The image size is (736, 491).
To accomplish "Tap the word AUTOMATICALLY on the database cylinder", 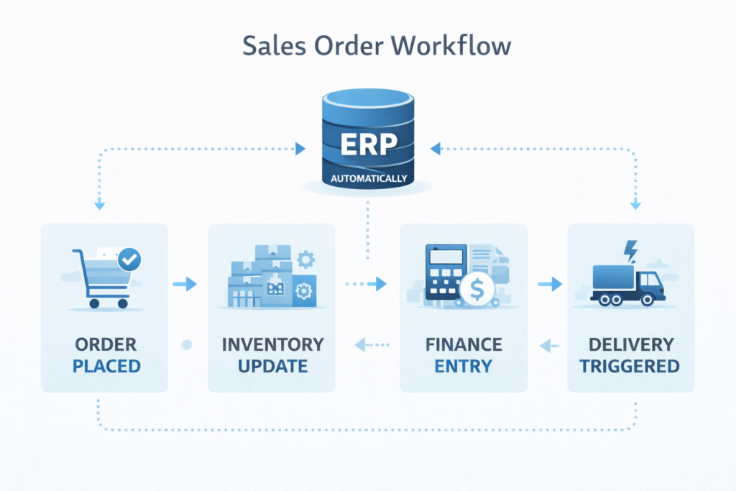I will pyautogui.click(x=367, y=178).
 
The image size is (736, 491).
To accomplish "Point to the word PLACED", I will pyautogui.click(x=106, y=366).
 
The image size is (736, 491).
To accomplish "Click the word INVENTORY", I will pyautogui.click(x=272, y=344).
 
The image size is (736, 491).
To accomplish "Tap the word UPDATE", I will pyautogui.click(x=272, y=366).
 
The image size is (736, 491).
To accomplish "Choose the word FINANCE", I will pyautogui.click(x=463, y=344).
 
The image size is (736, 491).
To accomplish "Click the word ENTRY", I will pyautogui.click(x=463, y=366).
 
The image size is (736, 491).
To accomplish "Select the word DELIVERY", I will pyautogui.click(x=630, y=344).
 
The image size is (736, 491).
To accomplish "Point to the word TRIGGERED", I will pyautogui.click(x=630, y=366).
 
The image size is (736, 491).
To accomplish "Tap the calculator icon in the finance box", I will pyautogui.click(x=443, y=272).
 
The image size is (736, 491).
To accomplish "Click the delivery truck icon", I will pyautogui.click(x=627, y=282).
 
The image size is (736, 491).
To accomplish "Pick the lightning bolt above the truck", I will pyautogui.click(x=631, y=250).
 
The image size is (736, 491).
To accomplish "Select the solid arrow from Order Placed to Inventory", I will pyautogui.click(x=185, y=285).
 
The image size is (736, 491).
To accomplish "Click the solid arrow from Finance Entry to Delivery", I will pyautogui.click(x=550, y=285).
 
